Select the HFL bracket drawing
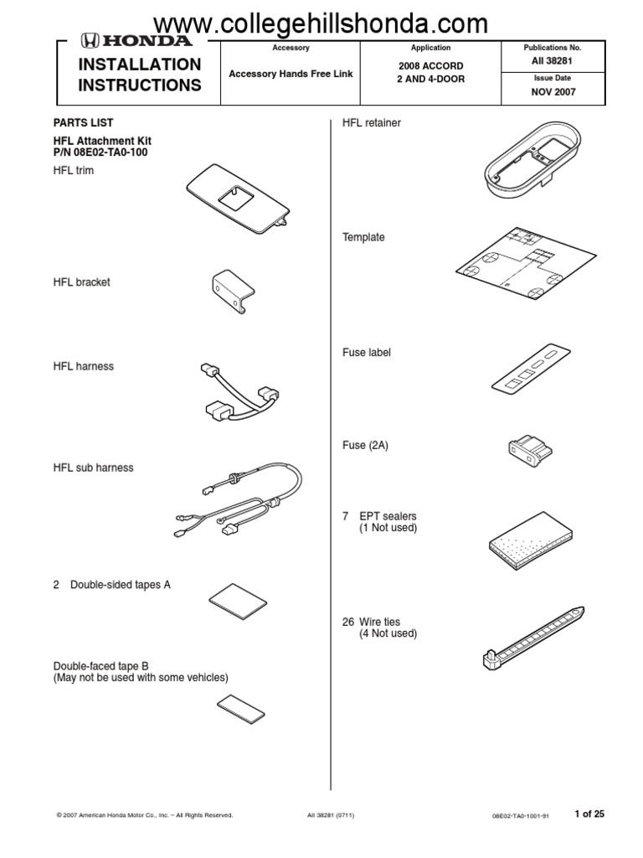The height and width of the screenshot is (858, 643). (232, 291)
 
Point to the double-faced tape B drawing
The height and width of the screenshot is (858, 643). (242, 707)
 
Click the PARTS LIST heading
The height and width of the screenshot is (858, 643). (83, 123)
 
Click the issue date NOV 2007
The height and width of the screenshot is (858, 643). (553, 92)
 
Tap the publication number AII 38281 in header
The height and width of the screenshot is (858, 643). (553, 62)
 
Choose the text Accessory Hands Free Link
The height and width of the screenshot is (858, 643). (291, 74)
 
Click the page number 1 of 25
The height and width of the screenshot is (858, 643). (589, 813)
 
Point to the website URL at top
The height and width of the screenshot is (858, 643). (321, 23)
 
